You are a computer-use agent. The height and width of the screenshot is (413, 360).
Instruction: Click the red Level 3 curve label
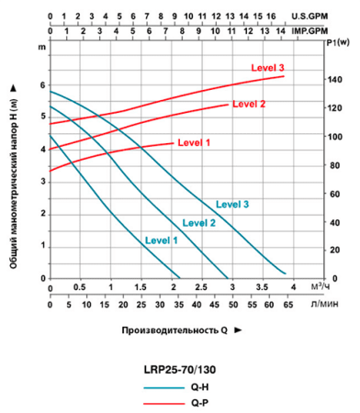267,69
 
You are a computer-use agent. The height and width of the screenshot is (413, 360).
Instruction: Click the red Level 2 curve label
248,105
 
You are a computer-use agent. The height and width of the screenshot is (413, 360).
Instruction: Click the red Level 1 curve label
194,143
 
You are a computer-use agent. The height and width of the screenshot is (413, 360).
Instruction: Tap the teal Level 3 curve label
232,204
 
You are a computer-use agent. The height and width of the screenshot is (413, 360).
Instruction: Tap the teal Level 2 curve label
199,222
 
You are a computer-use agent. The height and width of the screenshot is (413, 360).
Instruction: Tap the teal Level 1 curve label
161,240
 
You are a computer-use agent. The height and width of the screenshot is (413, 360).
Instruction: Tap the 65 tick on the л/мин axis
287,304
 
